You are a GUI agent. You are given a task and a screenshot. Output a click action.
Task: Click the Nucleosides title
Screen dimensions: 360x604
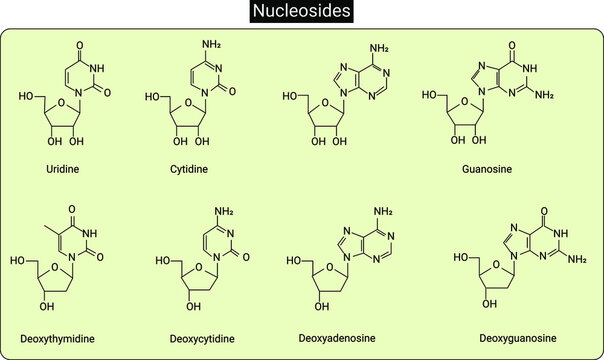(x=302, y=13)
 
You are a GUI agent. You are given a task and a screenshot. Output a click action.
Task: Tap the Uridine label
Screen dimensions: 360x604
(x=63, y=170)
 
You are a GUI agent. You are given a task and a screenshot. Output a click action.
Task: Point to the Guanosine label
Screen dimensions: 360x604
(x=487, y=170)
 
